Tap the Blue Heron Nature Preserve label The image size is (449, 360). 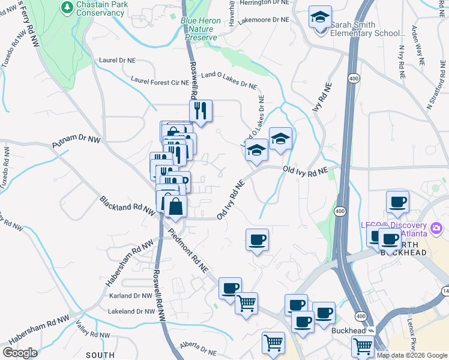(x=201, y=29)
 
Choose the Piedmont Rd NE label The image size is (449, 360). (x=188, y=251)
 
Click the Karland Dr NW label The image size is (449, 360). (x=131, y=296)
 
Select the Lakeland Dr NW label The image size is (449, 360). (x=131, y=311)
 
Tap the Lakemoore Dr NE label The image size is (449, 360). (x=264, y=19)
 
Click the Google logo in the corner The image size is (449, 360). (x=20, y=353)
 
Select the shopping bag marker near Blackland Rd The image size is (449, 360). (x=176, y=208)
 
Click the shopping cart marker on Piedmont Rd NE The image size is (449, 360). (x=246, y=304)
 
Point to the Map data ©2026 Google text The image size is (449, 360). (x=412, y=355)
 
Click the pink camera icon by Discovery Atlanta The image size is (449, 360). (x=436, y=229)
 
